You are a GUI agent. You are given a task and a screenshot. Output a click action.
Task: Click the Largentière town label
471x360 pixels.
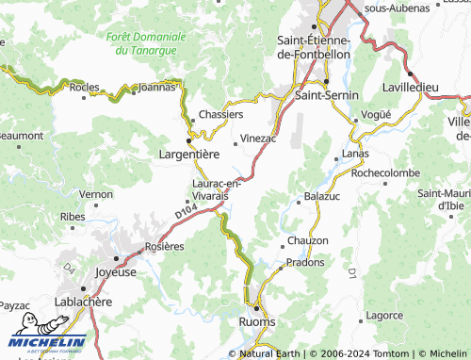pyautogui.click(x=189, y=153)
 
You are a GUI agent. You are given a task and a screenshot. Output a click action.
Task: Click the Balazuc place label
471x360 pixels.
pyautogui.click(x=321, y=197)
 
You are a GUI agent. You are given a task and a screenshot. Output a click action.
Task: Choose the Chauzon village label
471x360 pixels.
pyautogui.click(x=308, y=241)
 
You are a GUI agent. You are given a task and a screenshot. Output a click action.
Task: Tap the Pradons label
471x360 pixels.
pyautogui.click(x=305, y=262)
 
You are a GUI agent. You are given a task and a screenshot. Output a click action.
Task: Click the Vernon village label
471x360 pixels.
pyautogui.click(x=96, y=193)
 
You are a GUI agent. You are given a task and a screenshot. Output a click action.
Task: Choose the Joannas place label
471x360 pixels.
pyautogui.click(x=156, y=87)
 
